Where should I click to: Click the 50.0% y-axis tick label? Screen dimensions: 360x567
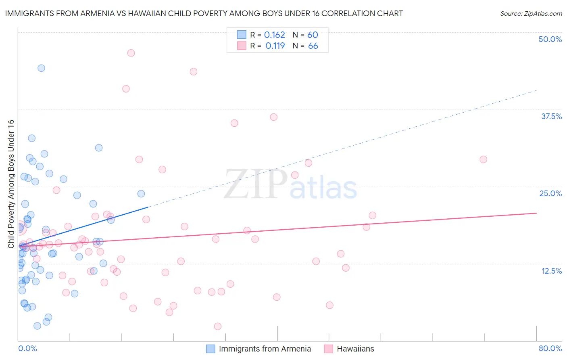[550, 39]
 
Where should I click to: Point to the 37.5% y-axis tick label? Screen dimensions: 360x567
[551, 116]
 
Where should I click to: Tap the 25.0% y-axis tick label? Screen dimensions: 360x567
[550, 193]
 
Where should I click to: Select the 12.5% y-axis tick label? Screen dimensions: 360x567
[551, 271]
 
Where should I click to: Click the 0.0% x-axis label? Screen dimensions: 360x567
[27, 348]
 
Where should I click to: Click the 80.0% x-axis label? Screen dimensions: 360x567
[550, 348]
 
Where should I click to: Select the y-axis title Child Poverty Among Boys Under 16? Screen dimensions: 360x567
[11, 184]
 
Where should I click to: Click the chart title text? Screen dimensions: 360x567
[204, 13]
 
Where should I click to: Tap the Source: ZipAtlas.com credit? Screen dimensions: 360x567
[531, 13]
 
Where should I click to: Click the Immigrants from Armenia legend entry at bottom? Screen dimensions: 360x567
[265, 349]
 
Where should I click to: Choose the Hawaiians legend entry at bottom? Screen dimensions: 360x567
[355, 349]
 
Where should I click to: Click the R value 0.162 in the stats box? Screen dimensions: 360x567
[275, 35]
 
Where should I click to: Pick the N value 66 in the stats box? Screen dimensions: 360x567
[313, 46]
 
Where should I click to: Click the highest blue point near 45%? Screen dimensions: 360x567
[41, 68]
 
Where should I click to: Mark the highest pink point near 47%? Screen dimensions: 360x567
[131, 53]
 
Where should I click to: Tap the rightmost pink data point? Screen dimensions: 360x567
[483, 159]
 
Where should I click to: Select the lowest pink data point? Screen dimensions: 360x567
[218, 326]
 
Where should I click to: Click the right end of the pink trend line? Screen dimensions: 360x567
[536, 213]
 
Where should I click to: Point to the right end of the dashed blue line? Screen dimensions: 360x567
[536, 90]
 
